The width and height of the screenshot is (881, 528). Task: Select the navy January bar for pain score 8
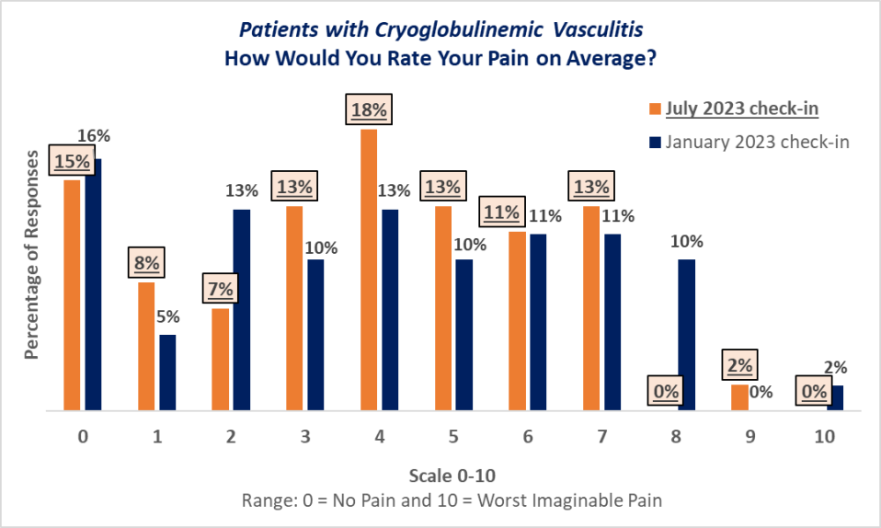click(x=686, y=335)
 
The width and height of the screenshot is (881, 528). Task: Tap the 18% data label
click(x=369, y=110)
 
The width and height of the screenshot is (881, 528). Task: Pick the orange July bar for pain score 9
click(x=739, y=397)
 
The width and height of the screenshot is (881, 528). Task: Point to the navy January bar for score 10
click(x=835, y=397)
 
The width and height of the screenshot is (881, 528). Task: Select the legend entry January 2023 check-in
click(x=757, y=142)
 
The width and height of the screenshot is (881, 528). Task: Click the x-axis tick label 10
click(x=824, y=437)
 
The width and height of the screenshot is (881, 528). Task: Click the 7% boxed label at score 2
click(x=221, y=289)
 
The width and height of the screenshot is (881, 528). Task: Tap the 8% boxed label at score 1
click(x=146, y=263)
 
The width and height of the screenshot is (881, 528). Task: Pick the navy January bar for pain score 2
click(x=242, y=310)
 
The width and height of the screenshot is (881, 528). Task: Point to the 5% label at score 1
click(x=168, y=316)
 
